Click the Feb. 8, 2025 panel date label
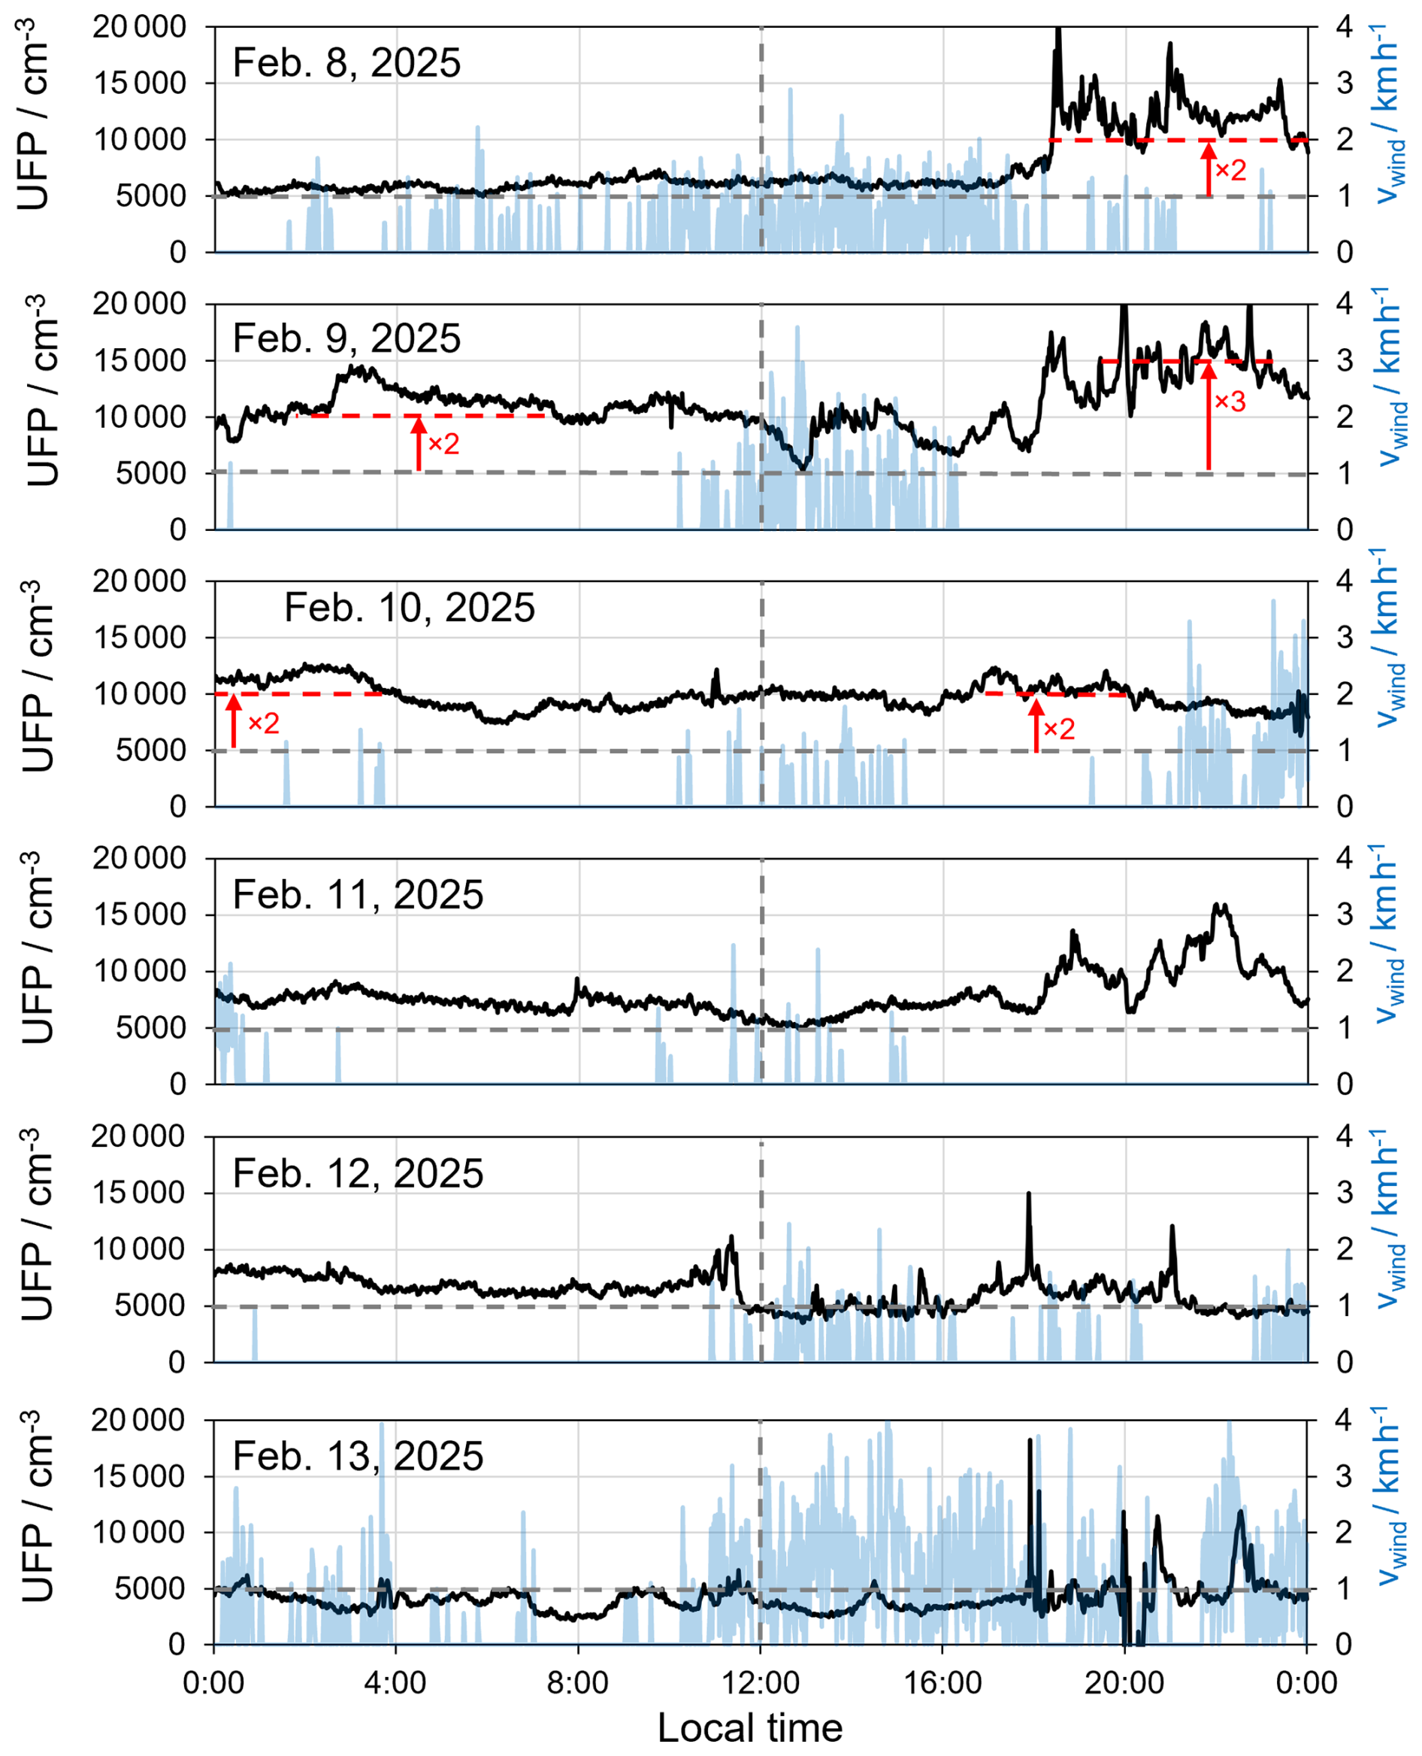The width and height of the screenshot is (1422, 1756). (346, 63)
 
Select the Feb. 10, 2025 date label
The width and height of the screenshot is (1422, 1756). (409, 608)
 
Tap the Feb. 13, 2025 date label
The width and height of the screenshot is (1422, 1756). (358, 1456)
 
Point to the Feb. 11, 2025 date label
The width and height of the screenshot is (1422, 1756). (358, 894)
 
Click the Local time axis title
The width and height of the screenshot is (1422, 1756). (749, 1727)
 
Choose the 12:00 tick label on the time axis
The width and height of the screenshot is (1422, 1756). (761, 1682)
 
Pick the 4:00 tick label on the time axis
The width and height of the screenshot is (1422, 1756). (395, 1682)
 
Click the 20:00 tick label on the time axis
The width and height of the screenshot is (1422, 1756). (1124, 1682)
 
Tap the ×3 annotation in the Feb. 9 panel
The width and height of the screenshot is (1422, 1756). (1230, 402)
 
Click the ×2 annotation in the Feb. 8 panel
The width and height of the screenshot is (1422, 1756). (1230, 171)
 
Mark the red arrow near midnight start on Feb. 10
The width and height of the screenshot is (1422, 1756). (234, 721)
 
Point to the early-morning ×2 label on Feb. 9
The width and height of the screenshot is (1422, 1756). (443, 444)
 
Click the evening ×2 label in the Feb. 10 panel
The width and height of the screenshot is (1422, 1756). (1058, 729)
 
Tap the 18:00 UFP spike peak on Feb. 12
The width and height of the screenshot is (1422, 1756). (1029, 1195)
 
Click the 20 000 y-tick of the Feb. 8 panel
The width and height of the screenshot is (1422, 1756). (139, 27)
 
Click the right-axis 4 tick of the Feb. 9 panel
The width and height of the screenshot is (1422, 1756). (1344, 305)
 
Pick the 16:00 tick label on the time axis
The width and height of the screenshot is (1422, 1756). (942, 1682)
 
